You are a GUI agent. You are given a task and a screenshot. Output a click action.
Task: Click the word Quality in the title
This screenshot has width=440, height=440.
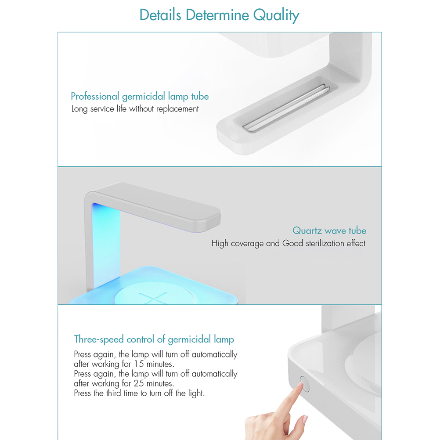(x=276, y=15)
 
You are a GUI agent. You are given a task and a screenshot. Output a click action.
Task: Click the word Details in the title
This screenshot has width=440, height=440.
(x=160, y=14)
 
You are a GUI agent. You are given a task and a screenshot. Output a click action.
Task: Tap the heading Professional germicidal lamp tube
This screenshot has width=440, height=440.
(x=140, y=97)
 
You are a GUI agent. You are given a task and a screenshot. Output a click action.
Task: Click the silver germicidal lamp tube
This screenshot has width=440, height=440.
(x=286, y=108)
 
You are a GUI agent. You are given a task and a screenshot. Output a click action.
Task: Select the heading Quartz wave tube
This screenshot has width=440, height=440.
(x=329, y=231)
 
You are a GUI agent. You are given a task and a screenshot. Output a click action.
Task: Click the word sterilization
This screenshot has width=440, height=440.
(x=325, y=243)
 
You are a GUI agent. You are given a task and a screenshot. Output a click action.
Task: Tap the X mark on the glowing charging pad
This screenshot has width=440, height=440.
(x=153, y=298)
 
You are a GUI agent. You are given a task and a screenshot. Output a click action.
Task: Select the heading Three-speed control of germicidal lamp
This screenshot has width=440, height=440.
(x=154, y=339)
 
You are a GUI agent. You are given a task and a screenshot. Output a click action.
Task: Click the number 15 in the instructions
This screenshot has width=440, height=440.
(x=139, y=364)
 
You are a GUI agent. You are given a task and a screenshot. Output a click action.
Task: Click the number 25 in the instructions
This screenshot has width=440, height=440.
(x=139, y=383)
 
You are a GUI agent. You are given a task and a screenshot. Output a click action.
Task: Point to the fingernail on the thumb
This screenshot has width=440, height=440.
(x=305, y=420)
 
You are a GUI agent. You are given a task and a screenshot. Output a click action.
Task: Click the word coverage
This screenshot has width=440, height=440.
(x=247, y=244)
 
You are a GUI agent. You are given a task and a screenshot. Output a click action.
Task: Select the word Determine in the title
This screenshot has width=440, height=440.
(x=217, y=15)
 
